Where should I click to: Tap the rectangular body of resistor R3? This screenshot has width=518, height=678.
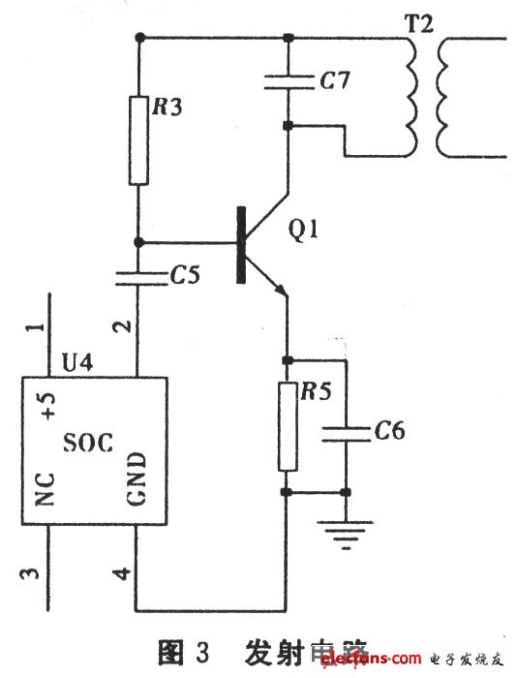coord(139,151)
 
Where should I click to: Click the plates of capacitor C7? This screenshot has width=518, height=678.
coord(288,82)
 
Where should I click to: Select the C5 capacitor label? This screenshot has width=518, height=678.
coord(185,275)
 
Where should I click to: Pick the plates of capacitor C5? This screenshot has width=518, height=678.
coord(138,276)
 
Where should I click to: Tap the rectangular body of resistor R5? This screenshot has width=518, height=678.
coord(287,426)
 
